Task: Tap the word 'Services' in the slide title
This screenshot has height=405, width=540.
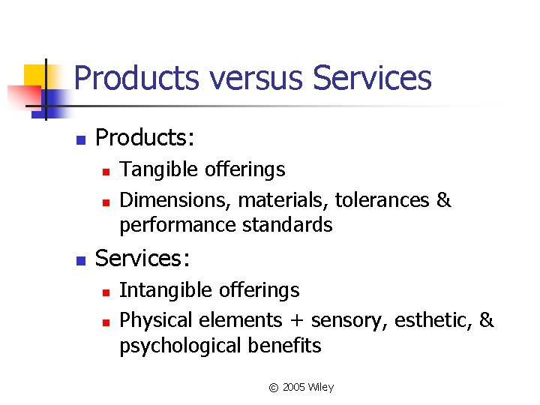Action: coord(372,78)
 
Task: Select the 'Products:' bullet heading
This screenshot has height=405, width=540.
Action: coord(145,138)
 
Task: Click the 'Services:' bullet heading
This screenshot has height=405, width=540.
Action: coord(143,259)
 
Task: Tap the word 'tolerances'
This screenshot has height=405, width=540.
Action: coord(381,200)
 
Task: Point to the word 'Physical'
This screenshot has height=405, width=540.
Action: coord(155,320)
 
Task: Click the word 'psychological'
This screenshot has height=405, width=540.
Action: coord(179,346)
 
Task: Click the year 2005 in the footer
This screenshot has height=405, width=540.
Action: coord(295,388)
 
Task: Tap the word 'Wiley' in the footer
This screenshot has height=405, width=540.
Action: coord(322,388)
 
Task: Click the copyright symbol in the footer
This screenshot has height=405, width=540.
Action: coord(273,388)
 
